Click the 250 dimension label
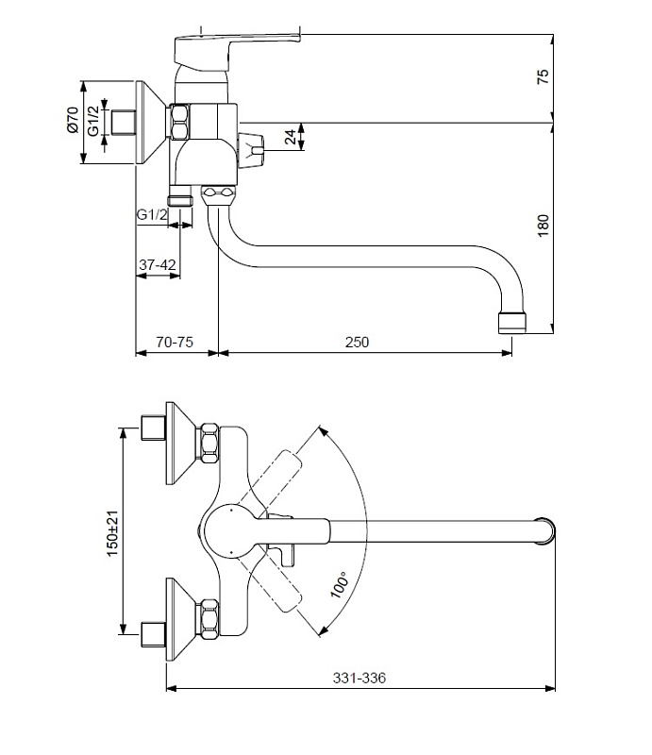(x=357, y=342)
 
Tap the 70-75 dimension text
(x=175, y=342)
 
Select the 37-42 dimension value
(x=158, y=264)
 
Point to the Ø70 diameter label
(x=73, y=121)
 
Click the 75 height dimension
(x=543, y=76)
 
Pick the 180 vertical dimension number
(x=543, y=226)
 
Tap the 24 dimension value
(x=291, y=137)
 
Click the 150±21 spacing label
(x=112, y=533)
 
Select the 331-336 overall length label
(x=359, y=678)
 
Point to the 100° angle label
(x=340, y=584)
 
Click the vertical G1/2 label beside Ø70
(x=93, y=121)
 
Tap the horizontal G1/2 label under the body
(x=153, y=214)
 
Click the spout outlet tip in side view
(x=511, y=323)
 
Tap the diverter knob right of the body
(x=251, y=151)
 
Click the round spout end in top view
(x=546, y=530)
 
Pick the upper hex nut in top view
(x=209, y=443)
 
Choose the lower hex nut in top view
(x=209, y=619)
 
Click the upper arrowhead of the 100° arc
(x=324, y=431)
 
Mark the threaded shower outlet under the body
(x=179, y=200)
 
